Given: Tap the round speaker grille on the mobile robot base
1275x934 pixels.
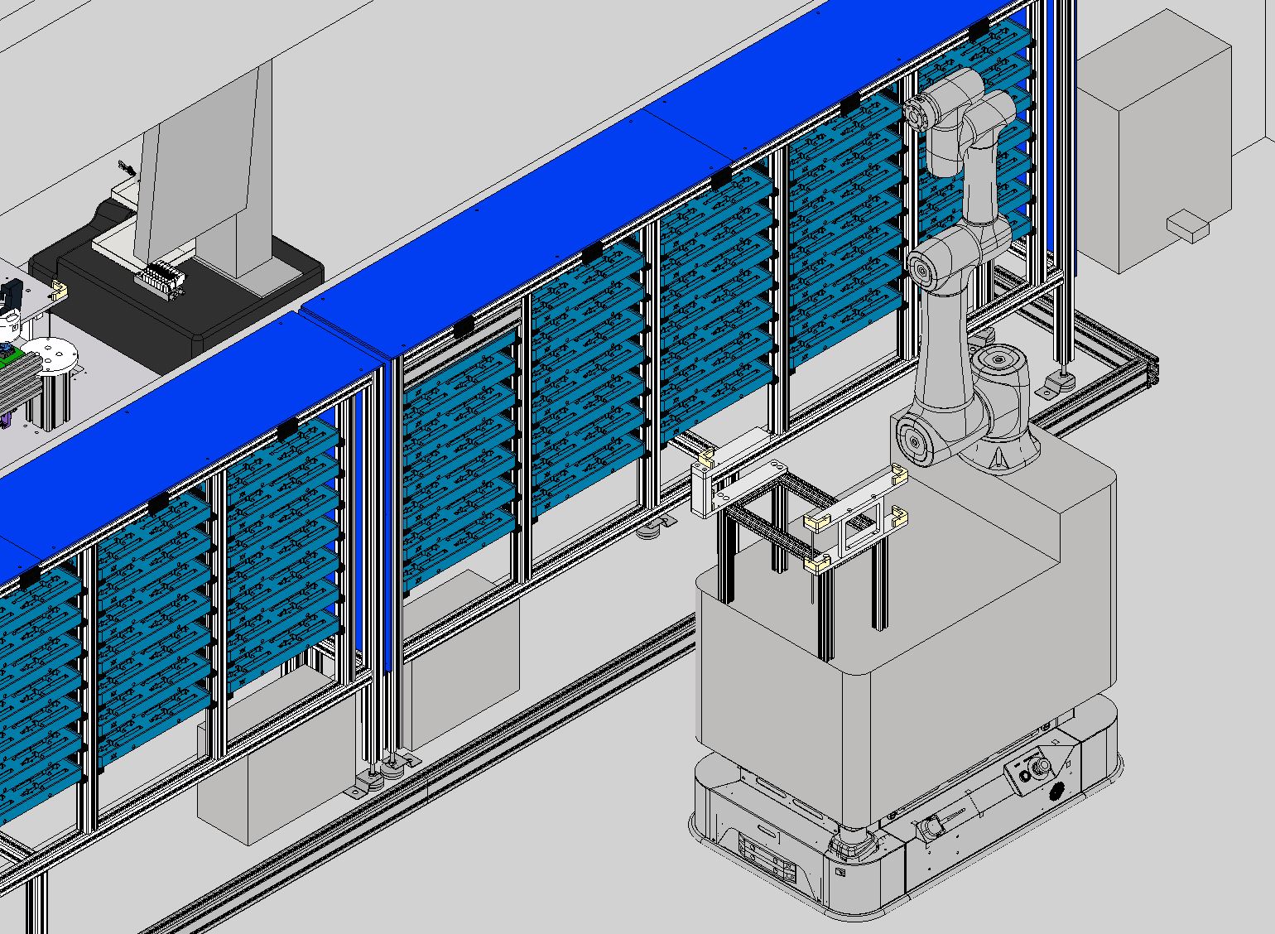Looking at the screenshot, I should pos(1056,792).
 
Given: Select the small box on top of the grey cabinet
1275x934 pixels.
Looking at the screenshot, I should pos(1186,226).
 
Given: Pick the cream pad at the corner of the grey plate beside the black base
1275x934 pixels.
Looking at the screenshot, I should pos(59,289).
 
